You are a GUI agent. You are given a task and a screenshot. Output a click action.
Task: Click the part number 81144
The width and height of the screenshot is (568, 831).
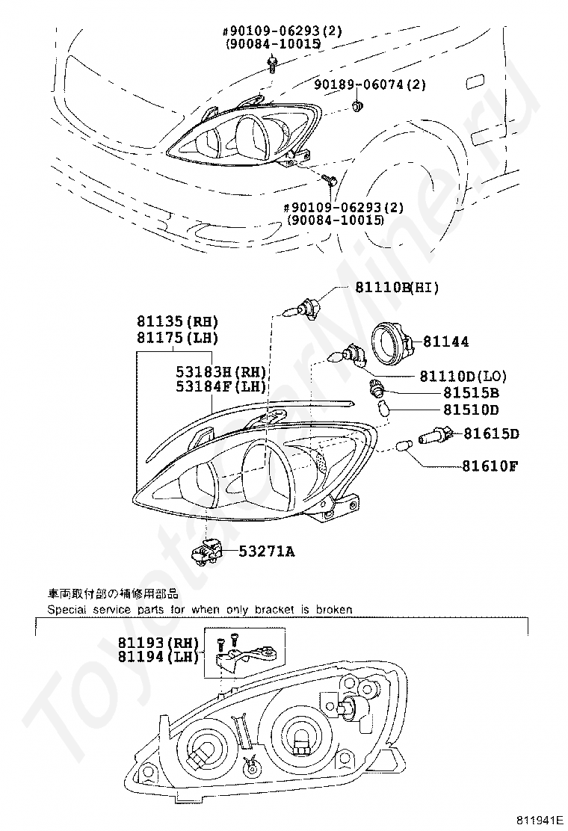[446, 342]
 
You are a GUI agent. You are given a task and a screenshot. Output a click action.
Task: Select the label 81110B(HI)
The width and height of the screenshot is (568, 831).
[397, 288]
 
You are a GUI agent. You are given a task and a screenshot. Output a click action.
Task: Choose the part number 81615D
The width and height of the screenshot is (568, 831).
[491, 433]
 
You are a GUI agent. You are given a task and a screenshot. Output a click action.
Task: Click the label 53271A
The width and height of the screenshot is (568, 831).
[267, 552]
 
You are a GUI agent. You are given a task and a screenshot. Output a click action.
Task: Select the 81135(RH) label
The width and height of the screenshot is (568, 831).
[176, 322]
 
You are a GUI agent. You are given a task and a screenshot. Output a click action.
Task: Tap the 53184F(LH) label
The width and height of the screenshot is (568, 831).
[211, 386]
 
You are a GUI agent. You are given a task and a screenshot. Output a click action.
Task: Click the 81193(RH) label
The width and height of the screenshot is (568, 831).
[158, 642]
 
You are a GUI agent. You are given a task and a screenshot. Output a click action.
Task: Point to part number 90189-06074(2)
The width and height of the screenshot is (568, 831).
[370, 84]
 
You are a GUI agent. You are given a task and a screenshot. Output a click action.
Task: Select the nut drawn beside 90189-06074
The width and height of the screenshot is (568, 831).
[358, 107]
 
